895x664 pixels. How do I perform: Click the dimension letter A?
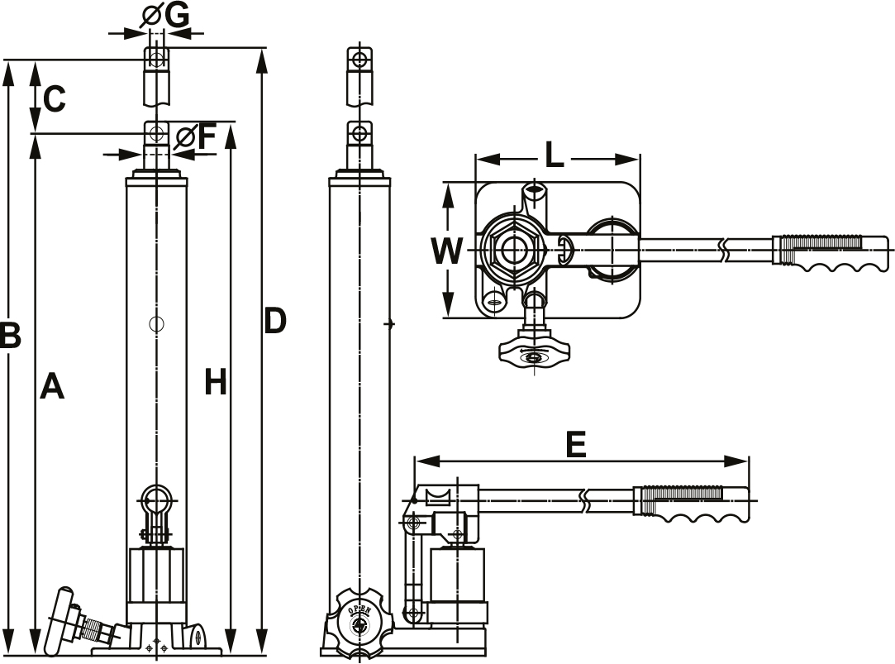tap(51, 386)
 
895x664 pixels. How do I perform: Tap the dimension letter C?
tap(53, 99)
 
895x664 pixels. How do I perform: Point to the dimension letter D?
tap(274, 321)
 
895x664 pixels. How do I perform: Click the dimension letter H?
tap(215, 382)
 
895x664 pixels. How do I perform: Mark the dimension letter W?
tap(447, 251)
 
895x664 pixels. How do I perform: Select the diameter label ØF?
tap(197, 136)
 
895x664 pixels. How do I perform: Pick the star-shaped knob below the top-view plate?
tap(534, 354)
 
